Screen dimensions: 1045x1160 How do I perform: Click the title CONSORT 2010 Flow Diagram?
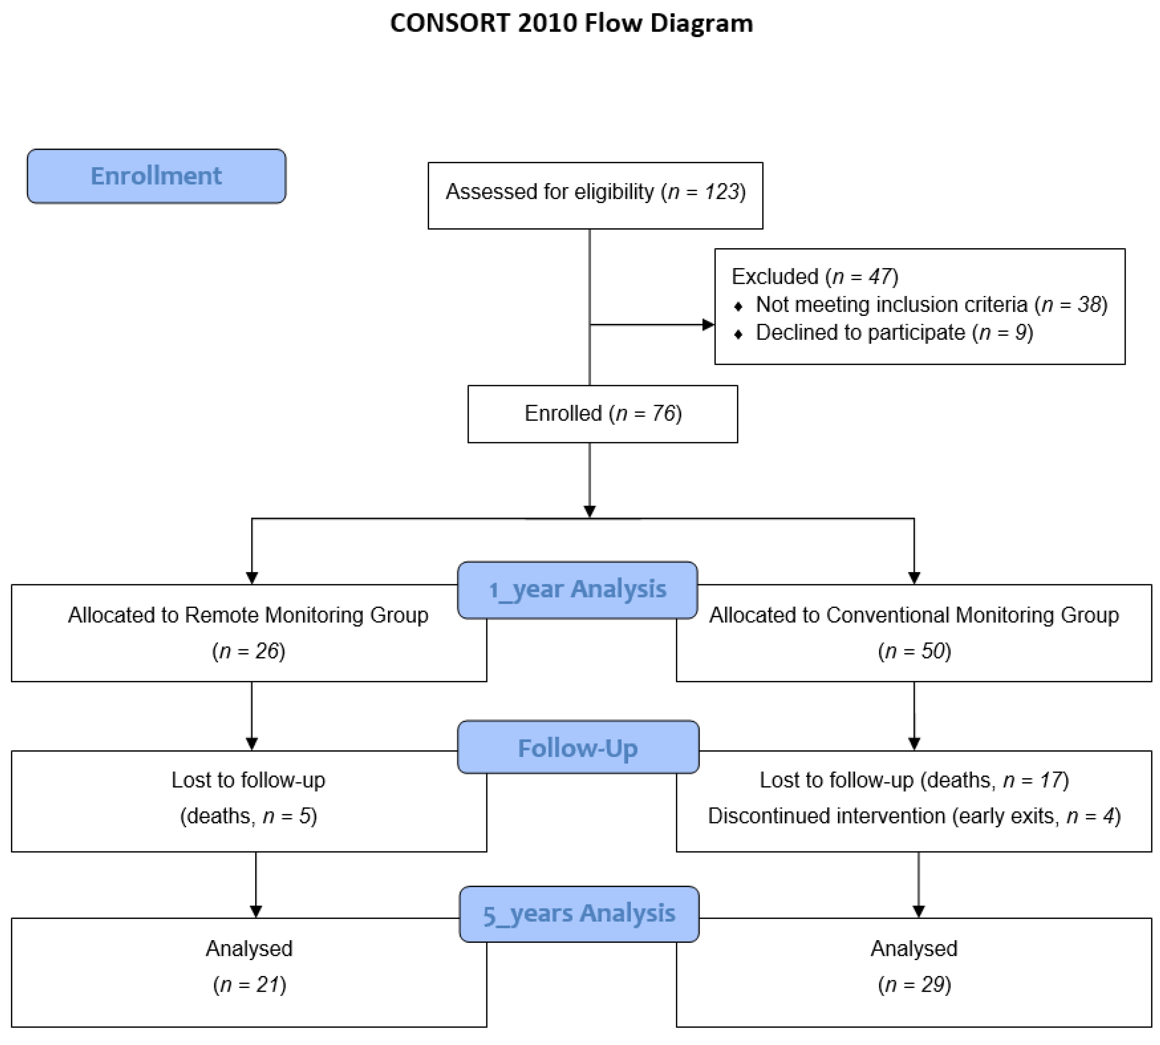click(x=571, y=23)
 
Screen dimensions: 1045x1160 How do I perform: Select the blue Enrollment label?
click(x=156, y=176)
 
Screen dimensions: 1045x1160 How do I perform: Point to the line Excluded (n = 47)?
click(x=814, y=277)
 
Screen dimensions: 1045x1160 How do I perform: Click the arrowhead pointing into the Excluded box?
click(x=708, y=325)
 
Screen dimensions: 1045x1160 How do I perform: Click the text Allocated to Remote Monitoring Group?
click(x=248, y=615)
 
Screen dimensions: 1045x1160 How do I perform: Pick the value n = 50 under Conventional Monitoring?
click(x=914, y=651)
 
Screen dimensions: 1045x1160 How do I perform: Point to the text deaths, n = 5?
click(x=248, y=816)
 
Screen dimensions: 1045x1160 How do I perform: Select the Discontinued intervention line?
click(x=914, y=816)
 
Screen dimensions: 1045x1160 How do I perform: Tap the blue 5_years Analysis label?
click(x=579, y=914)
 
